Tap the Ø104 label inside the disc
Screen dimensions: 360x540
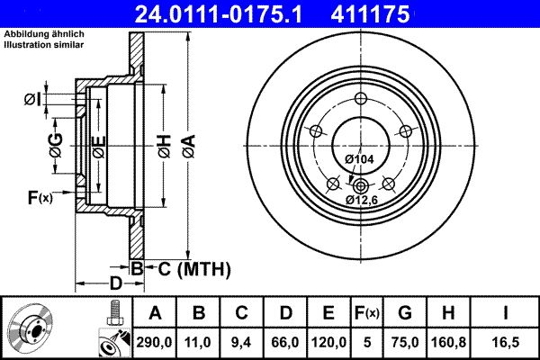pos(359,159)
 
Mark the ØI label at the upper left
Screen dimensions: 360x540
pos(31,99)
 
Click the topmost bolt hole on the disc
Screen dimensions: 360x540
pos(362,99)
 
